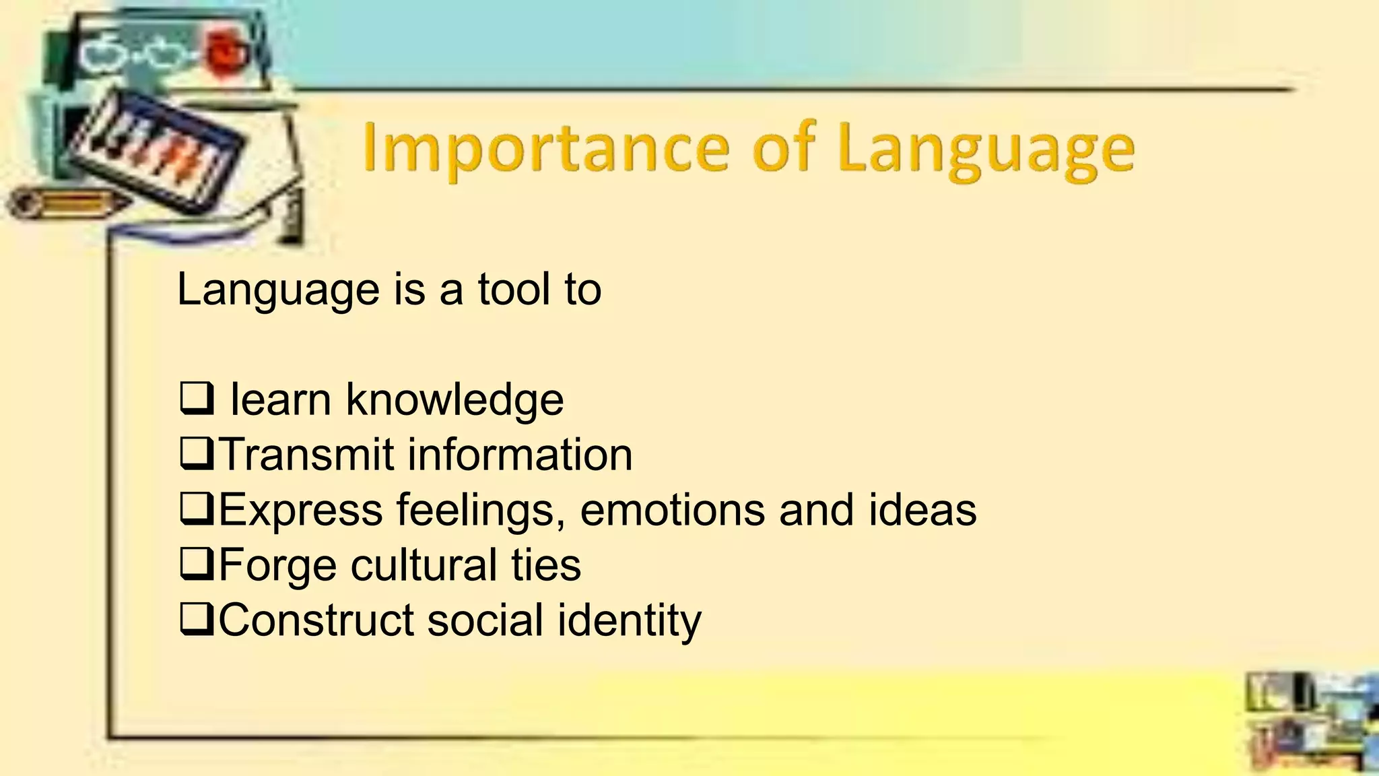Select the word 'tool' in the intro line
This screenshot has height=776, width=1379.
[x=514, y=290]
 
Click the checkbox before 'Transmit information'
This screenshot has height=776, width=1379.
[x=197, y=454]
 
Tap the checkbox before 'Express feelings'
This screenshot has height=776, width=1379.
[x=197, y=509]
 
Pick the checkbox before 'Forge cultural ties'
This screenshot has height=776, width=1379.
[x=197, y=564]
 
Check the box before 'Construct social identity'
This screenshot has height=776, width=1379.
[x=197, y=620]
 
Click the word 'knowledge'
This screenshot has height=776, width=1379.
[x=455, y=399]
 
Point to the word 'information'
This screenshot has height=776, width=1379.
[x=520, y=455]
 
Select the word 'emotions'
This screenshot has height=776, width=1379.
[x=671, y=510]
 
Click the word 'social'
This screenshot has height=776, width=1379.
[x=485, y=620]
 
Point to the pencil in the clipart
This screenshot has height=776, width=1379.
[x=64, y=203]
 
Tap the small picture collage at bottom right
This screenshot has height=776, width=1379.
[x=1310, y=721]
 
